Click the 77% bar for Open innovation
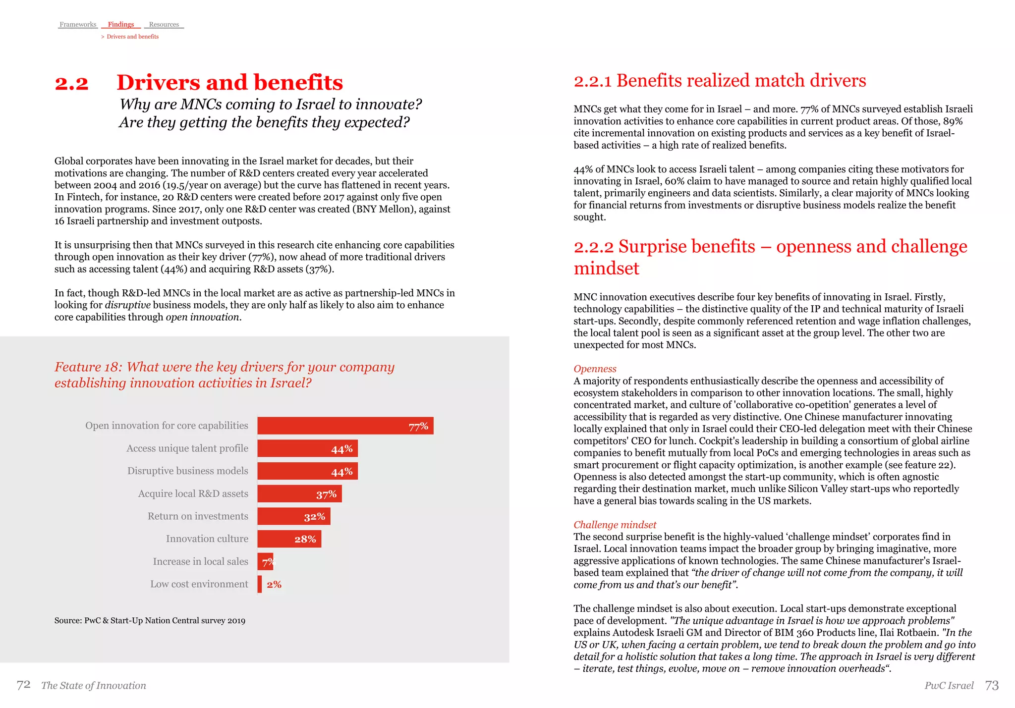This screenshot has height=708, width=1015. point(345,426)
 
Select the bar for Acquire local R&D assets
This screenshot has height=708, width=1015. point(299,493)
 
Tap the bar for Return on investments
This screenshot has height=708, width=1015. point(293,516)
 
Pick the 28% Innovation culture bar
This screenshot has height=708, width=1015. point(289,539)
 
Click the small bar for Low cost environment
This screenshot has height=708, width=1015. point(260,584)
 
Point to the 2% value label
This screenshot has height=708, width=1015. point(274,585)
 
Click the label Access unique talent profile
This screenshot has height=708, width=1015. point(187,448)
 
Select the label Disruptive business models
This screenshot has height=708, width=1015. point(187,471)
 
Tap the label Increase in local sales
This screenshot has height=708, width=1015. point(200,561)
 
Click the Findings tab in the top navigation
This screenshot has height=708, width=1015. point(121,24)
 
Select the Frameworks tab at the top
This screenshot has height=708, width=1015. point(78,24)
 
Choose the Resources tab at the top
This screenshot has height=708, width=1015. point(164,24)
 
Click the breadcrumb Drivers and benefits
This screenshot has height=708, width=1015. point(132,37)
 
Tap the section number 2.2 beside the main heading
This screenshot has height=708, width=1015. point(72,83)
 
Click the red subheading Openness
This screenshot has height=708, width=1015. point(595,369)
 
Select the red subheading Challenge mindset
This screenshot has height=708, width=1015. point(615,525)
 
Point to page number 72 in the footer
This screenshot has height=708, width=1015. point(23,685)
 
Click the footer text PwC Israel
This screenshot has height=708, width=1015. point(949,685)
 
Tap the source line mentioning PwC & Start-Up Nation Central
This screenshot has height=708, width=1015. point(150,620)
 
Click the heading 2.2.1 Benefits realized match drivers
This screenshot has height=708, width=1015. point(720,81)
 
